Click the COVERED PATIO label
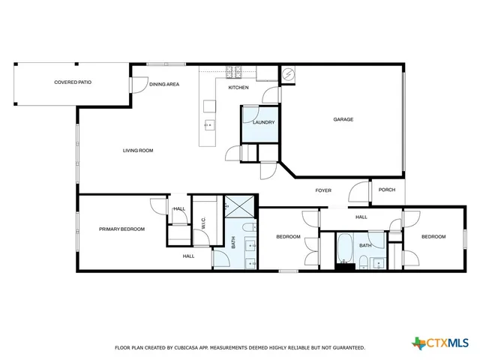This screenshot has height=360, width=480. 73,81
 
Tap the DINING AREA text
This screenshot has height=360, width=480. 163,85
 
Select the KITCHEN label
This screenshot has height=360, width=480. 238,88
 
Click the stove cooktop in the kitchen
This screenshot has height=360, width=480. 233,73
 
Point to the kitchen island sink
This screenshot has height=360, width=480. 209,125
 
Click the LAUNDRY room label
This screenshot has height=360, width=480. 263,122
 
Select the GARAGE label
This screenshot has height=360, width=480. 343,119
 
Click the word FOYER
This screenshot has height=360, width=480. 323,190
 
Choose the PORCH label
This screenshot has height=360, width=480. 387,190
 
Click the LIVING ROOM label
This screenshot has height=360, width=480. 138,151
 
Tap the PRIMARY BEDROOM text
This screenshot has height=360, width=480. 121,229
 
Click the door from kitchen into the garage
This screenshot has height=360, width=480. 270,94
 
